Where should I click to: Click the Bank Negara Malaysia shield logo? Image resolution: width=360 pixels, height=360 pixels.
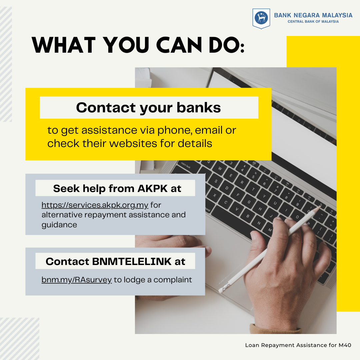pyautogui.click(x=261, y=19)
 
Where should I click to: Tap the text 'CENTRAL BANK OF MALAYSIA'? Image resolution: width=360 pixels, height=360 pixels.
pyautogui.click(x=313, y=22)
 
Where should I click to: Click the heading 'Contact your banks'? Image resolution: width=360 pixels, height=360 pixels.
pyautogui.click(x=148, y=107)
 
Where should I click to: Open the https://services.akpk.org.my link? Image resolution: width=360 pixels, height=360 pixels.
pyautogui.click(x=95, y=205)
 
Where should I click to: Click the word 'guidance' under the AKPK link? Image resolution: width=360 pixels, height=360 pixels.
pyautogui.click(x=59, y=225)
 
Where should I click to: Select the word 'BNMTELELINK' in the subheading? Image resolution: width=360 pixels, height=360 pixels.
pyautogui.click(x=132, y=262)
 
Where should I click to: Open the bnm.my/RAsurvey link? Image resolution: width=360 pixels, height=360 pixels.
pyautogui.click(x=77, y=280)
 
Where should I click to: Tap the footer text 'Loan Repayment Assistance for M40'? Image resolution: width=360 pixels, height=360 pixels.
pyautogui.click(x=298, y=345)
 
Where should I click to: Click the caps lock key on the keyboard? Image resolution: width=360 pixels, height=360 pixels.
pyautogui.click(x=186, y=166)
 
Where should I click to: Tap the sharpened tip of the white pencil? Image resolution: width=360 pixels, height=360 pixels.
pyautogui.click(x=321, y=206)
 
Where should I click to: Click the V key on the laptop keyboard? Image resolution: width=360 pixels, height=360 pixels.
pyautogui.click(x=237, y=209)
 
